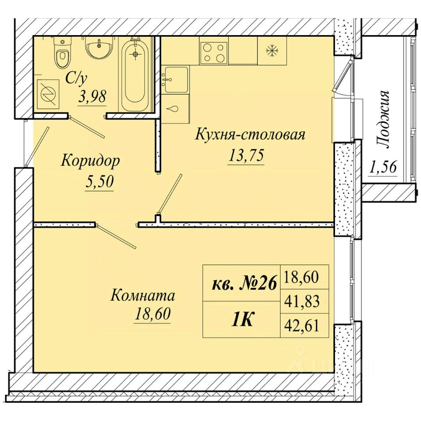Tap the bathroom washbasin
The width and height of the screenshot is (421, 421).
[x=100, y=47]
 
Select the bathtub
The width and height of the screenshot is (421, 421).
[x=136, y=75]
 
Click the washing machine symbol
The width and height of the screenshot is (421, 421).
[x=48, y=94]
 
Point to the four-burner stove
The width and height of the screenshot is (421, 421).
[x=214, y=50]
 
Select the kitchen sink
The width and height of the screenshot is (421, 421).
[x=176, y=79]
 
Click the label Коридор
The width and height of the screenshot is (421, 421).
[x=90, y=162]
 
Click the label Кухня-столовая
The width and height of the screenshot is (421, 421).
[x=250, y=134]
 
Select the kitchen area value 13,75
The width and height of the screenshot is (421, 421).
[x=246, y=155]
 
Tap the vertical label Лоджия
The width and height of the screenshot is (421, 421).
[x=382, y=120]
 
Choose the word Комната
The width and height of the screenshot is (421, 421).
[x=143, y=295]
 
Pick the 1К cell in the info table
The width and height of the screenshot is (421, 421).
[x=242, y=320]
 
